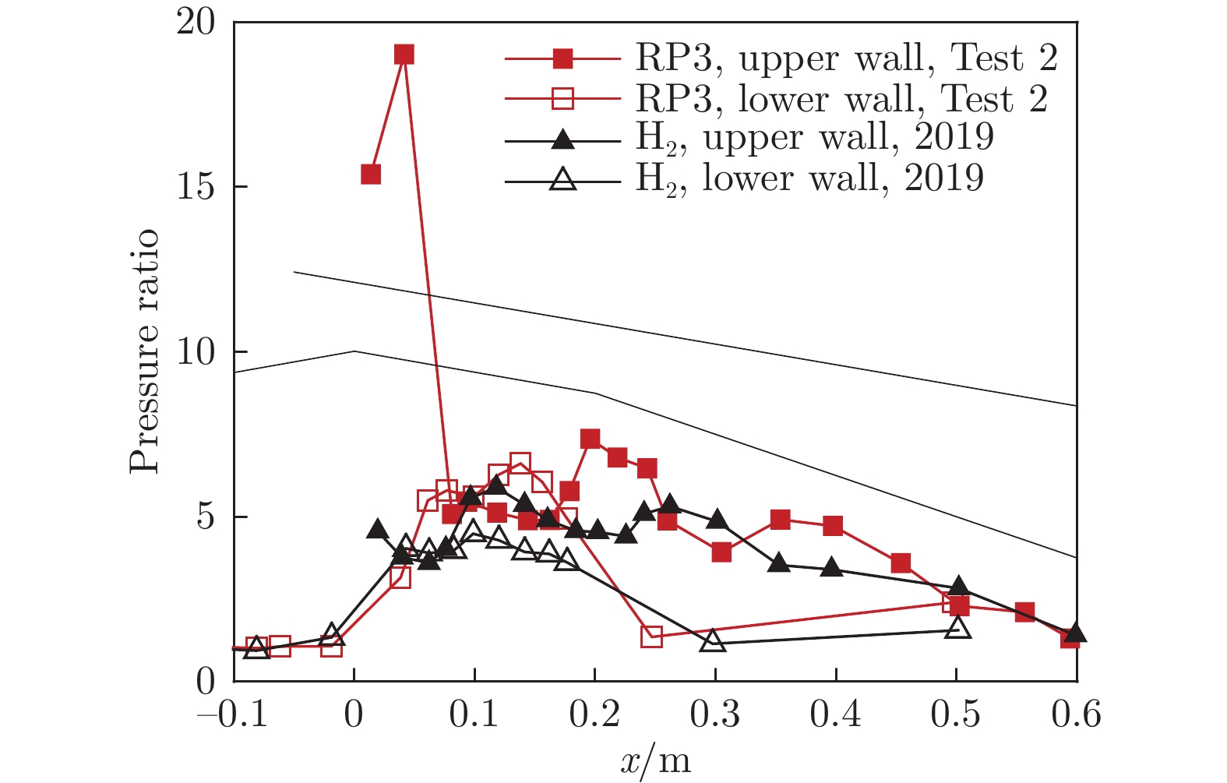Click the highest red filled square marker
point(404,55)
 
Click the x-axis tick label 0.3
point(715,714)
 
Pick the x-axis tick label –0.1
point(233,714)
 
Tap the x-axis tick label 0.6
point(1076,714)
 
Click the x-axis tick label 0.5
point(956,714)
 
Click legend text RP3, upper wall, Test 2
point(847,58)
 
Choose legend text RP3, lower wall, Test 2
point(841,99)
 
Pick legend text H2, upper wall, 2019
point(815,138)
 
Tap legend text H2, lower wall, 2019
point(809,178)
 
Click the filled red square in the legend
point(562,58)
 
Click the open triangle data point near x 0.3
point(713,642)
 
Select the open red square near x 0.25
point(652,637)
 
